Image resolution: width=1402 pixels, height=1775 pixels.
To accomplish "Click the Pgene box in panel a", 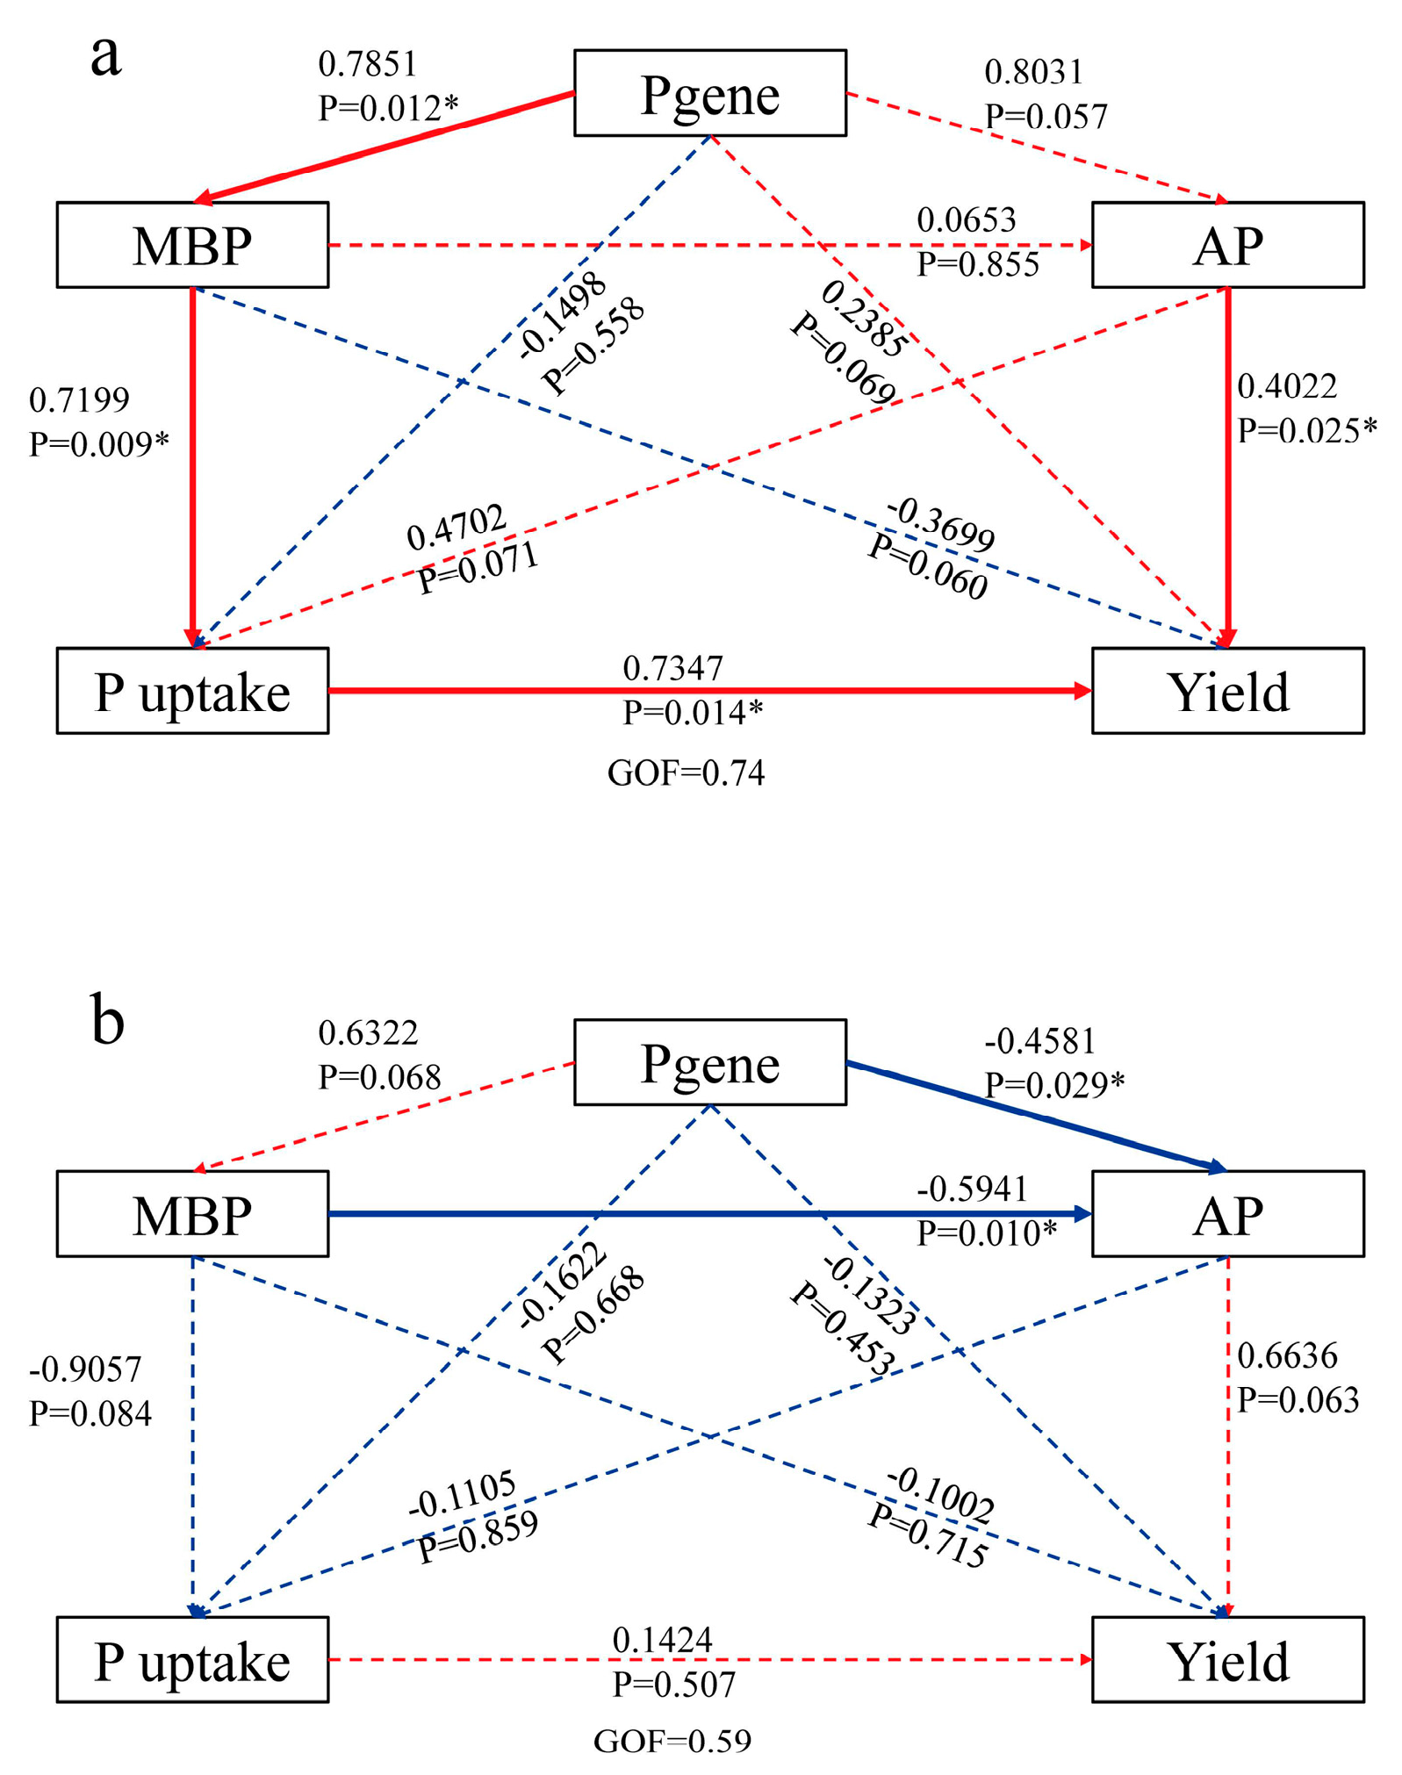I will [709, 93].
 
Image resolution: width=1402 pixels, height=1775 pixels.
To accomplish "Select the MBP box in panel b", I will [192, 1214].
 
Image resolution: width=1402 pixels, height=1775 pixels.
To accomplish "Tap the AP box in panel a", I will [1227, 245].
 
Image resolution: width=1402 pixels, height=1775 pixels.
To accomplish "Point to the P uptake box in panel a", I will [192, 691].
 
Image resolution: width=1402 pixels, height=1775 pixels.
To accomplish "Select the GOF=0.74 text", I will [686, 773].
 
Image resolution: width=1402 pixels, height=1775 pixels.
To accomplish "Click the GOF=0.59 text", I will [672, 1742].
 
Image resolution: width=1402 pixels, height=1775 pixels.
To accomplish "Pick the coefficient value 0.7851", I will [367, 64].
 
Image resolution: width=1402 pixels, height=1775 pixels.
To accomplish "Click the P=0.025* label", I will [1306, 431].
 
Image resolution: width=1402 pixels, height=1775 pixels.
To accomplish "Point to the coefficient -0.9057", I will [85, 1369].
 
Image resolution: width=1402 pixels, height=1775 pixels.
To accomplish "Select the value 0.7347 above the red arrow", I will [672, 669].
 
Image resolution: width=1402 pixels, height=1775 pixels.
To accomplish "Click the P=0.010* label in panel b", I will [987, 1233].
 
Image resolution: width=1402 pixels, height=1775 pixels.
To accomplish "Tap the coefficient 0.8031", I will [1033, 72].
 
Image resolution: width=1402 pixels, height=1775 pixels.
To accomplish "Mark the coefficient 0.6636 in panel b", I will [1287, 1356].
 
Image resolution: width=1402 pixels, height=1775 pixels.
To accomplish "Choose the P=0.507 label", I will [673, 1685].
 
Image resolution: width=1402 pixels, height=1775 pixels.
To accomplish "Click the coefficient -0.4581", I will [1039, 1042].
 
